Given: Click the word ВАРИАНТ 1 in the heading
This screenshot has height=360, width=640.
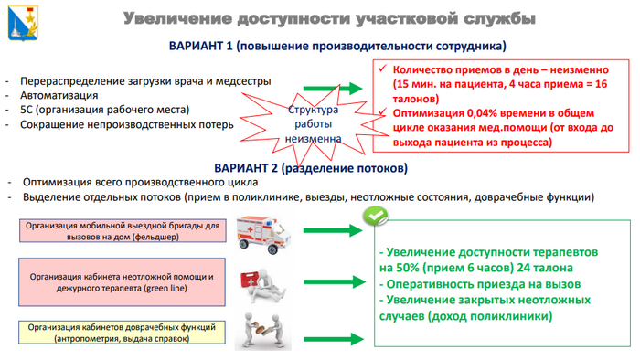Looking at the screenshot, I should click(203, 46).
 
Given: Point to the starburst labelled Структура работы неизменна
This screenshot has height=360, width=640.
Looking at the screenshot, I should click(313, 123).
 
